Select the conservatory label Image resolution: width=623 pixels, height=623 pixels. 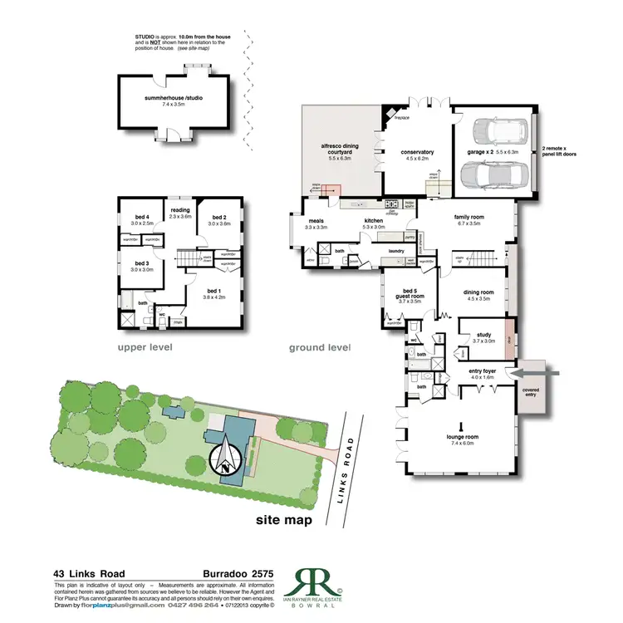point(417,152)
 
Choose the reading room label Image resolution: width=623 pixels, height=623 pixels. point(180,210)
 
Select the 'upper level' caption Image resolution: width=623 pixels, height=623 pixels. point(149,346)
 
